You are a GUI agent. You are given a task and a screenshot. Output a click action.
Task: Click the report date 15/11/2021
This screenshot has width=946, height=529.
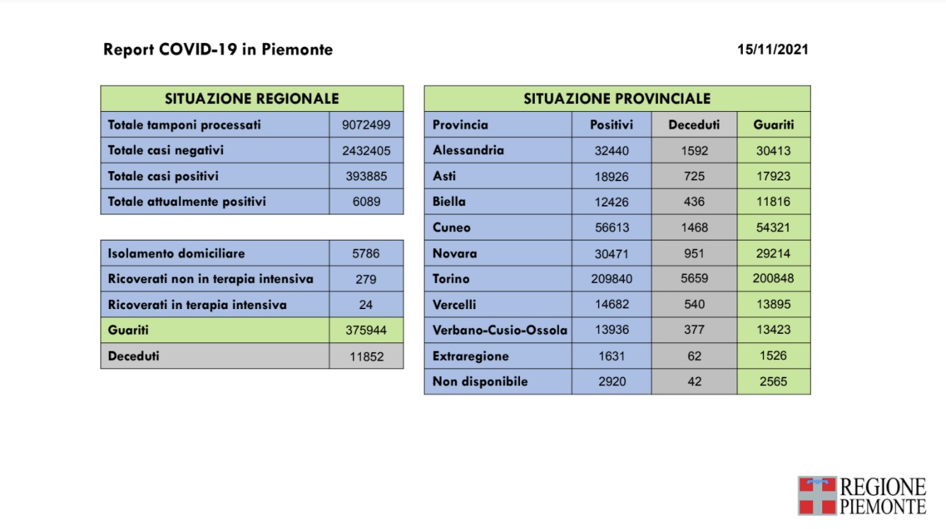pos(772,50)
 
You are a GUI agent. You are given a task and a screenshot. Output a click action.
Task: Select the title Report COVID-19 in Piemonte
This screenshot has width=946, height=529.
pos(218,50)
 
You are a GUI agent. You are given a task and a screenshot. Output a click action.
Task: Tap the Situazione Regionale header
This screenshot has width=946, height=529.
pos(252,99)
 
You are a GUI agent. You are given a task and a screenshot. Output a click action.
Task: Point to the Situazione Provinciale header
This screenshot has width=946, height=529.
pos(617,99)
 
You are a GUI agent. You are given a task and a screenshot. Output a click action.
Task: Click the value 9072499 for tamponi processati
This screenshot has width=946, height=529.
pos(366,125)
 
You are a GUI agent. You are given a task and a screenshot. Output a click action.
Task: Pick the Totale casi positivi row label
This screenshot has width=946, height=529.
pos(163,176)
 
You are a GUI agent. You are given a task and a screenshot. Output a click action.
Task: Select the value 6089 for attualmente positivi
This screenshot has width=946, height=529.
pos(366,202)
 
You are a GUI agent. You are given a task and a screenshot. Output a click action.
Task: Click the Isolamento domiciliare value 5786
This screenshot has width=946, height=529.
pos(366,253)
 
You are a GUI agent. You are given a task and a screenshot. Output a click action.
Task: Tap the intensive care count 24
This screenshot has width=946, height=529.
pos(366,305)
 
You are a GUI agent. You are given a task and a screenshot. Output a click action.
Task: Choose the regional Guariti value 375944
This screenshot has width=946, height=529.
pos(366,330)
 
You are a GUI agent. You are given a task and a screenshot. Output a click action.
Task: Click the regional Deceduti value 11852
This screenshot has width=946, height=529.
pos(366,356)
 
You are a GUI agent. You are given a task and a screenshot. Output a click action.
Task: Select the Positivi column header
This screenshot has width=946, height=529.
pos(611,125)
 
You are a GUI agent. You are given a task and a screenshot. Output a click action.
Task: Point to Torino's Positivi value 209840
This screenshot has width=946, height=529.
pos(611,279)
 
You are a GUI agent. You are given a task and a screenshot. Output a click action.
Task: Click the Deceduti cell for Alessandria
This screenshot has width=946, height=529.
pos(694,151)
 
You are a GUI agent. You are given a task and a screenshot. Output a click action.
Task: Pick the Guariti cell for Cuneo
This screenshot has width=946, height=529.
pos(773,228)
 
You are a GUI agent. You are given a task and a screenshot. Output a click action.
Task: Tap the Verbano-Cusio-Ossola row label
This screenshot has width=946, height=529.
pos(500,330)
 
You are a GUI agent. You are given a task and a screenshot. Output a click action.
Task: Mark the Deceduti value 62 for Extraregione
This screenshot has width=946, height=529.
pos(694,356)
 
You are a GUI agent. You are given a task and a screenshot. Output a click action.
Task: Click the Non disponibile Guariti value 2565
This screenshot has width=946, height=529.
pos(773,381)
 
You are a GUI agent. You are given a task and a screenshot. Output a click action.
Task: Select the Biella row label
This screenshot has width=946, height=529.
pos(449,202)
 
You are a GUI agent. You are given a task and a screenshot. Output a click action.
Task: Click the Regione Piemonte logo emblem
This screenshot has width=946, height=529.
pos(817,495)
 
